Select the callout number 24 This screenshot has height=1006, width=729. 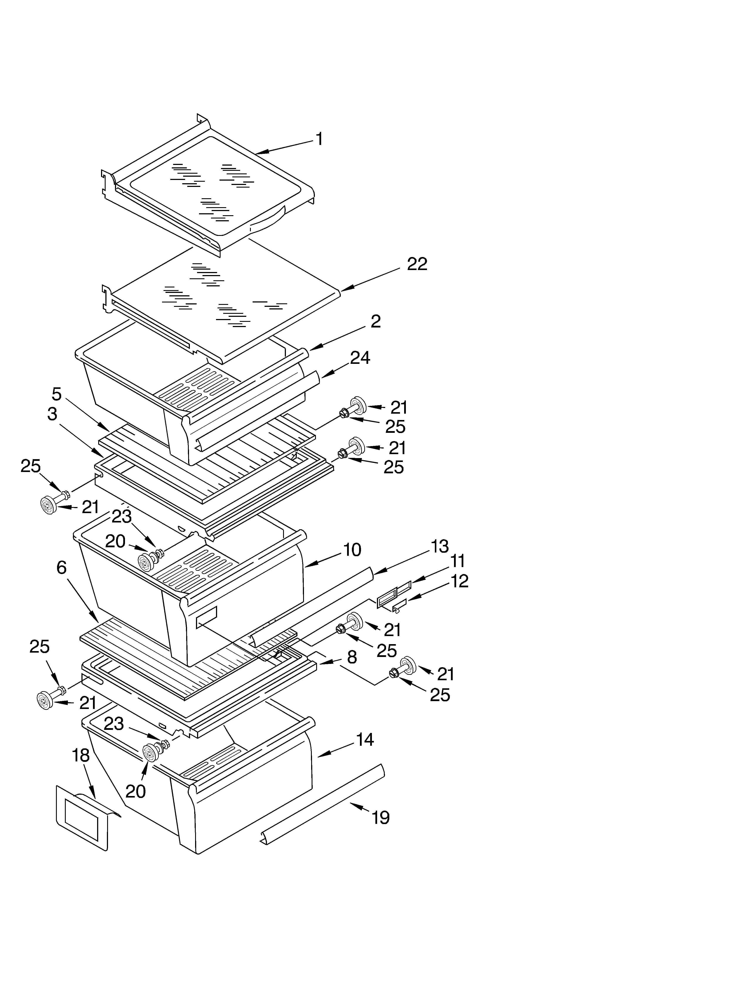click(360, 358)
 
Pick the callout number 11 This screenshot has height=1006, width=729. click(457, 561)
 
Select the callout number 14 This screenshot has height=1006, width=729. click(365, 739)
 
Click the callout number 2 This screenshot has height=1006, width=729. click(376, 322)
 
